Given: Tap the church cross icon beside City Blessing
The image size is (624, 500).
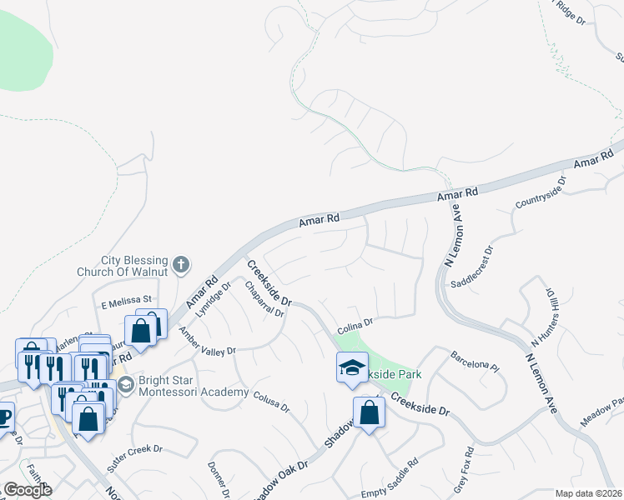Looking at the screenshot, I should (182, 266).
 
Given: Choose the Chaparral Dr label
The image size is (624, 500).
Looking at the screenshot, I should (265, 300).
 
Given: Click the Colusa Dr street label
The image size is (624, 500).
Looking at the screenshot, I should (271, 402).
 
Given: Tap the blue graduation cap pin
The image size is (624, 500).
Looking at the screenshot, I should (353, 367).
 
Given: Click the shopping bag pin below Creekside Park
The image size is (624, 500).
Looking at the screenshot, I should (369, 412).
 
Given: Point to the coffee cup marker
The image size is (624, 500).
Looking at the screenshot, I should (3, 416).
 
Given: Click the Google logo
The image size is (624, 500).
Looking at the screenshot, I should (28, 490).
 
